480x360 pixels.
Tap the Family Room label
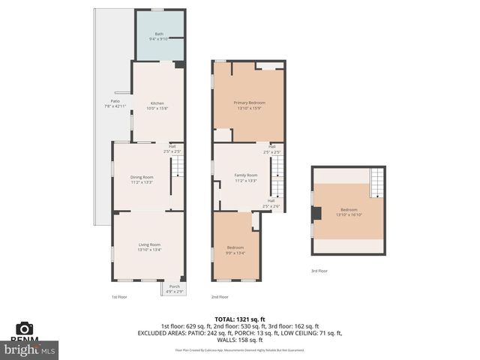245,178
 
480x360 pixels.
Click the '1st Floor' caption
118,297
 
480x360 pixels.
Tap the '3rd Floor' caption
319,271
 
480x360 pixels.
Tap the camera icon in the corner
24,328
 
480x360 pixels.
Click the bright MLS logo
30,349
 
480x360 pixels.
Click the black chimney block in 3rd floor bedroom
316,213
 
